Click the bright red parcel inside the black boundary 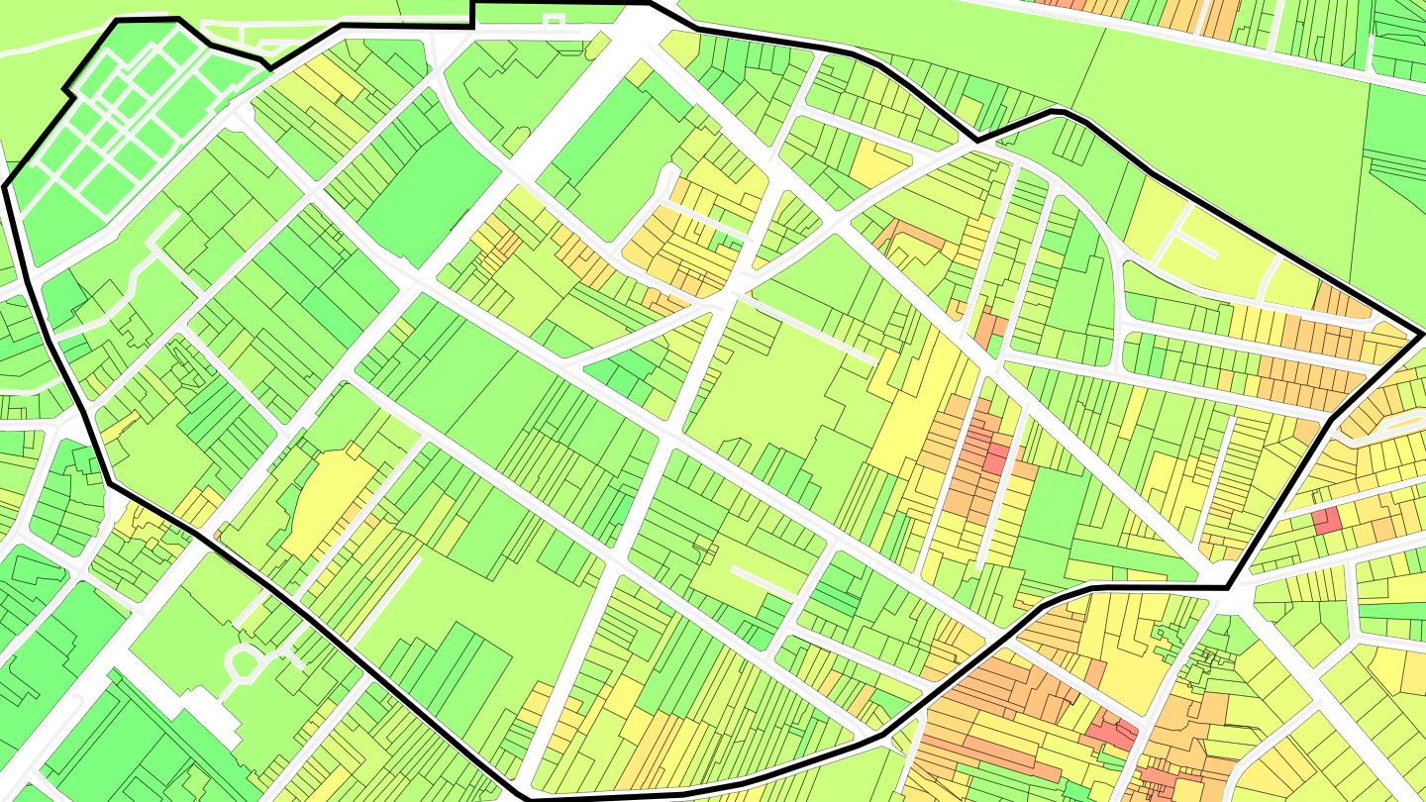click(995, 458)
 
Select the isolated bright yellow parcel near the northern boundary click(877, 164)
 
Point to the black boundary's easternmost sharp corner click(1423, 335)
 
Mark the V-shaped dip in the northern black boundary click(977, 141)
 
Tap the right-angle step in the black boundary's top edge click(472, 14)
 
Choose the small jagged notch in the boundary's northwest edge click(67, 92)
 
